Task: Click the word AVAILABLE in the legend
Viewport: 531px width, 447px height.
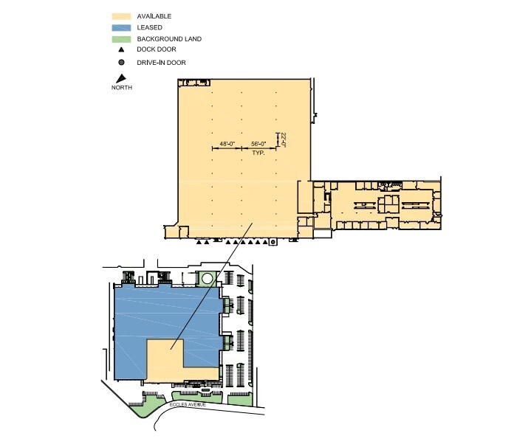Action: click(154, 15)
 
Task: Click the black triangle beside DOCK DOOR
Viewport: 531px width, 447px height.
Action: click(120, 50)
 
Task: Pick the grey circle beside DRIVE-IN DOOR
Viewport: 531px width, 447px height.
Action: click(120, 63)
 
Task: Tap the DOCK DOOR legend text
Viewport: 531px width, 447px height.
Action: click(156, 50)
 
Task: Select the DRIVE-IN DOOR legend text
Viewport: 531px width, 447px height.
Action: click(161, 63)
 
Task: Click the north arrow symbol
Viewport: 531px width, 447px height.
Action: click(119, 79)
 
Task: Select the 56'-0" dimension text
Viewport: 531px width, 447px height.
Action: click(258, 144)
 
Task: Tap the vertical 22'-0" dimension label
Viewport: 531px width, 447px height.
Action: click(282, 140)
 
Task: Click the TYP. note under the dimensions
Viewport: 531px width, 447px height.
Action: click(258, 153)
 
